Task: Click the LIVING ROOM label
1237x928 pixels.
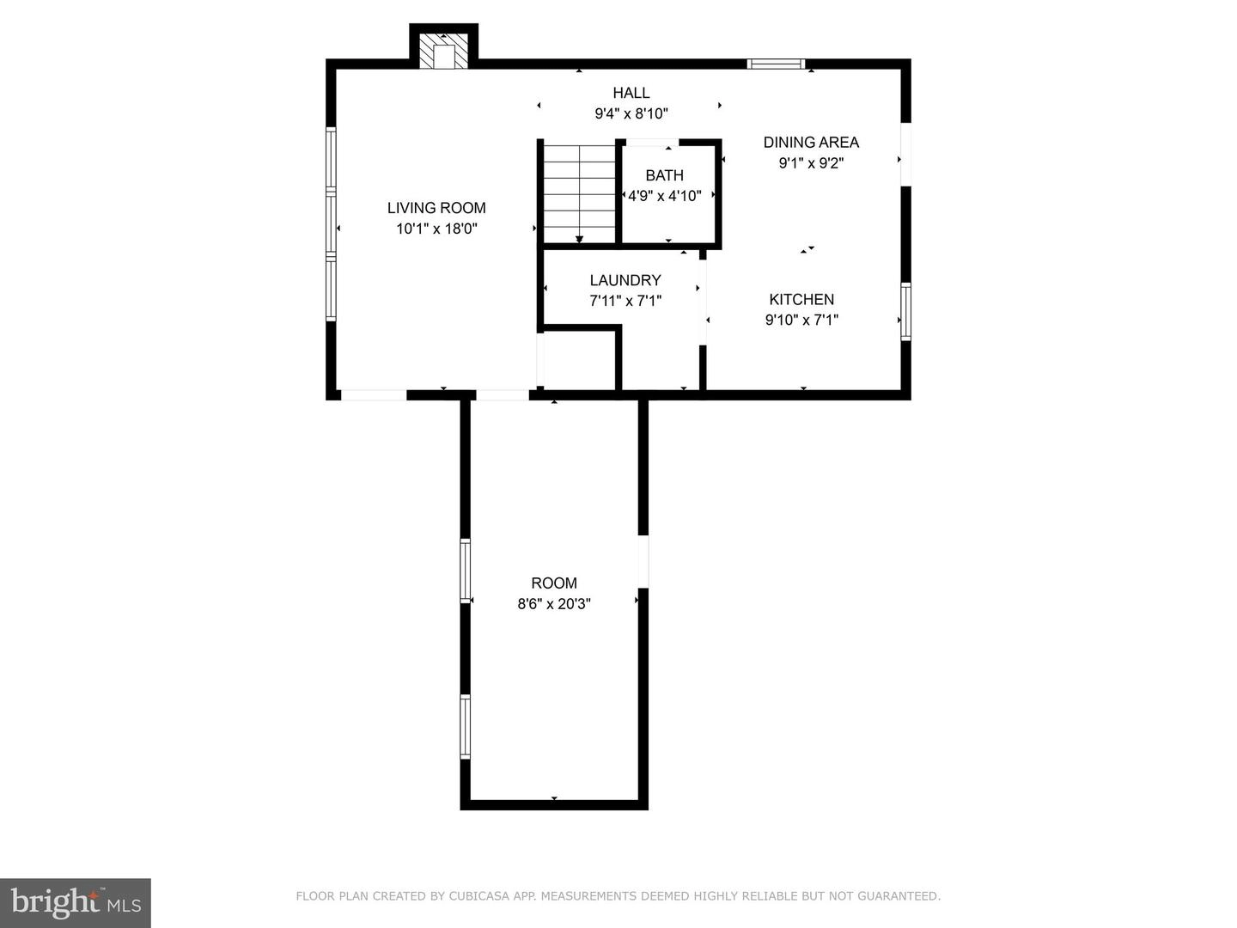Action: click(x=436, y=208)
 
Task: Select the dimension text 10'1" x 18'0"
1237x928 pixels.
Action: click(x=436, y=229)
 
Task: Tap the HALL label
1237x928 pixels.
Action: click(x=631, y=93)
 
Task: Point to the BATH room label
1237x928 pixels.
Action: click(x=664, y=175)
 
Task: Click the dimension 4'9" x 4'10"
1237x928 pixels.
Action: click(x=664, y=196)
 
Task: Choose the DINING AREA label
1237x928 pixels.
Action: click(x=811, y=142)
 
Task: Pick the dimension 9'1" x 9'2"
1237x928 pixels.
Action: click(x=811, y=163)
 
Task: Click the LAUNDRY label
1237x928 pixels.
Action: click(x=625, y=280)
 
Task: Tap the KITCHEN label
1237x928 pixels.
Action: click(x=801, y=299)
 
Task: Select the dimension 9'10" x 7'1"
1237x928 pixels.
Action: click(x=801, y=320)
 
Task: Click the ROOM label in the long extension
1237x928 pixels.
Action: click(x=554, y=583)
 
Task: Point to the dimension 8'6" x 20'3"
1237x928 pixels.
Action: click(x=554, y=604)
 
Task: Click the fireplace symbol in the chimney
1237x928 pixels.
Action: click(x=443, y=52)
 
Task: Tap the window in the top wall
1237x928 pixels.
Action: click(x=776, y=64)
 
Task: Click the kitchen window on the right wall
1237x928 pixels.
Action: click(x=905, y=312)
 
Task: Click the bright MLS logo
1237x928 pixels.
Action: click(x=76, y=902)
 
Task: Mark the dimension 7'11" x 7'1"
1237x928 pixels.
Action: click(x=625, y=301)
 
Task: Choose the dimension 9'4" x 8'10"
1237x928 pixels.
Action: click(x=631, y=113)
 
